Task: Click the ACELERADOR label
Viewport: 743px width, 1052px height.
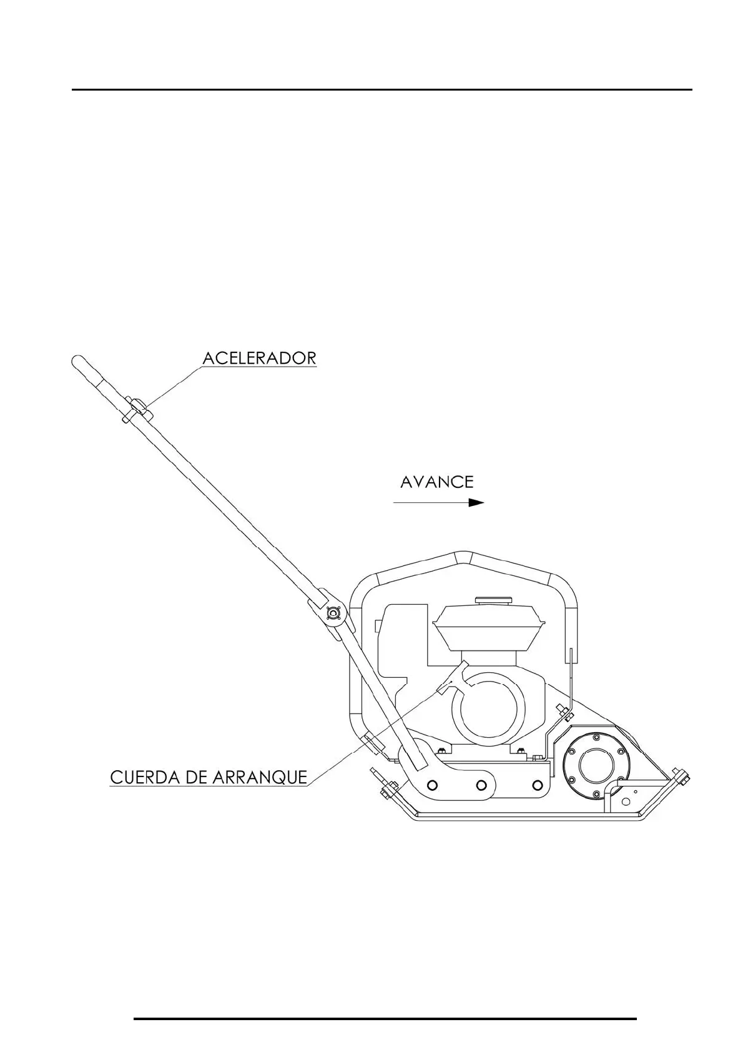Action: [259, 358]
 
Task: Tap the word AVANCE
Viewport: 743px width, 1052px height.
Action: [436, 482]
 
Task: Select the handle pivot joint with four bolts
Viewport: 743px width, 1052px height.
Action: [332, 615]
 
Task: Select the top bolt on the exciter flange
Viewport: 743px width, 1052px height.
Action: [596, 738]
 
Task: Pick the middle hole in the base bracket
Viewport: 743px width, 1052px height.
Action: [481, 784]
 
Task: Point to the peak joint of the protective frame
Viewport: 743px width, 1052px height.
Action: [460, 555]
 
